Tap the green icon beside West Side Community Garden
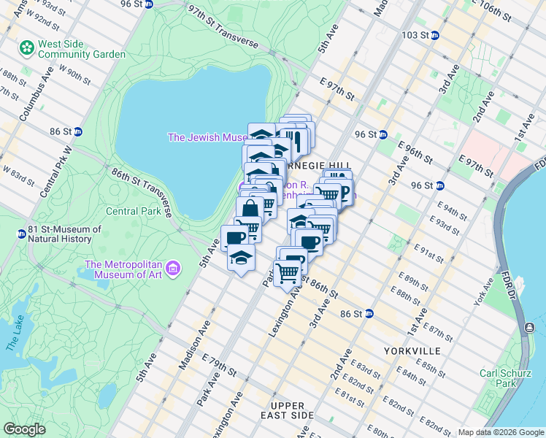[27, 48]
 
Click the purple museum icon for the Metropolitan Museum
[173, 269]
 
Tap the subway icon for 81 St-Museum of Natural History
[22, 234]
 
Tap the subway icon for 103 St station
[434, 35]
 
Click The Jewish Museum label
[209, 137]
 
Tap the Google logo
[24, 429]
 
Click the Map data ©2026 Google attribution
[499, 432]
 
